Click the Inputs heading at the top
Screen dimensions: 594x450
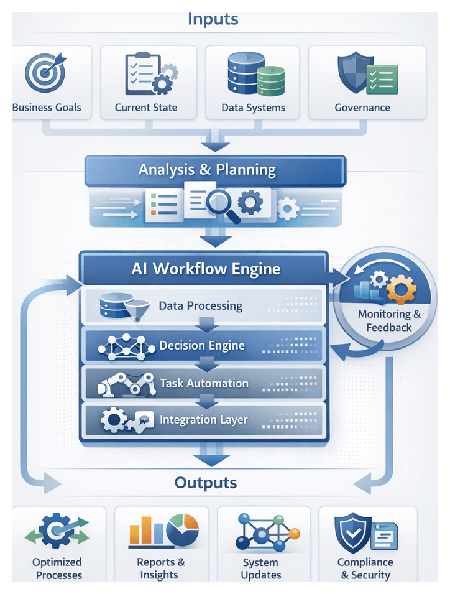coord(213,19)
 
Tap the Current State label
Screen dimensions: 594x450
coord(146,108)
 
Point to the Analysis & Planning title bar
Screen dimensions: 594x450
coord(207,169)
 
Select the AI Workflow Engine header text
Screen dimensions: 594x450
coord(206,269)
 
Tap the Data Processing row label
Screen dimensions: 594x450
coord(200,305)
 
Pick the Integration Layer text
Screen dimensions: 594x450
coord(203,420)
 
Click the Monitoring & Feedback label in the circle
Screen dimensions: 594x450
coord(389,320)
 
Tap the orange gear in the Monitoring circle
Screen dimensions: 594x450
coord(401,289)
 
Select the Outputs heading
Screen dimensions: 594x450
coord(206,483)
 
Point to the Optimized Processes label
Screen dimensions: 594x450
coord(57,568)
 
